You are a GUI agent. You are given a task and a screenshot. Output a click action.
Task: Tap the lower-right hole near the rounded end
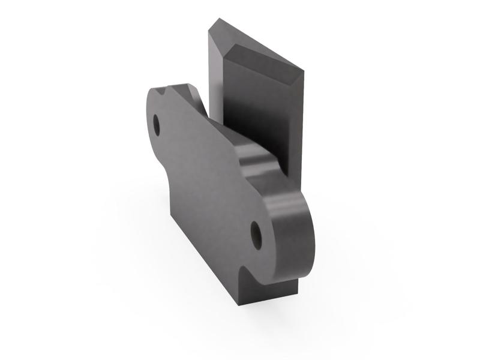coord(256,233)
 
